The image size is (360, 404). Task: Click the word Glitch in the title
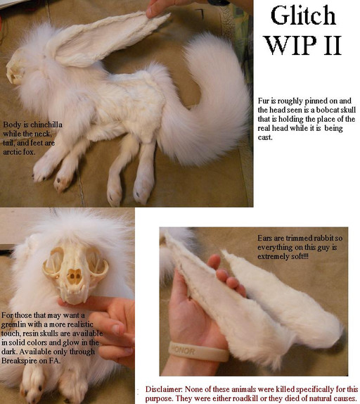(303, 15)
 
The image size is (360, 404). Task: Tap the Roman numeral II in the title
(331, 45)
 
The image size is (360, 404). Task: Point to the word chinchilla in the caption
(47, 125)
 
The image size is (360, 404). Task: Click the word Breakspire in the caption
(20, 360)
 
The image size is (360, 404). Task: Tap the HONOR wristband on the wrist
(198, 351)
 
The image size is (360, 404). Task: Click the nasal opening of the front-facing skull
(75, 276)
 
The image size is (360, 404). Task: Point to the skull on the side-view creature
(16, 66)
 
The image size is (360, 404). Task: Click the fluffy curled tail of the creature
(206, 103)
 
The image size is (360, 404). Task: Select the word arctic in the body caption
(11, 152)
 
